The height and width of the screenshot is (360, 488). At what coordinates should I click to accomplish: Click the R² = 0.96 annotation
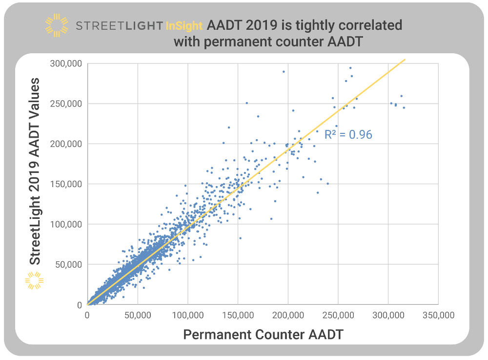(x=348, y=134)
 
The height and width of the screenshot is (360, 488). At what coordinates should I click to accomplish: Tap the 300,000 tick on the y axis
(x=66, y=64)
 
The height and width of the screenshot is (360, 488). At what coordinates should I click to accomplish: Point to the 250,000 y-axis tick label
(x=66, y=104)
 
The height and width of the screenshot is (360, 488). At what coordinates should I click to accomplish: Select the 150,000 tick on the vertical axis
(x=66, y=184)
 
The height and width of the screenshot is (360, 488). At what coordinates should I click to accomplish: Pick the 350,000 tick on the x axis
(x=438, y=316)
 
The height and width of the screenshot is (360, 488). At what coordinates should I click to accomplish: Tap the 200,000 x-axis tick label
(x=288, y=316)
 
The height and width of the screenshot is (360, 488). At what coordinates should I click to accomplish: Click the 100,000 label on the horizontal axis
(x=187, y=316)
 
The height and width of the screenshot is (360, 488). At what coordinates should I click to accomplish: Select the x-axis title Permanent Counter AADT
(x=263, y=335)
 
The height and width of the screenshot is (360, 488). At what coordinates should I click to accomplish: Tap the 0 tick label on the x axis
(x=87, y=316)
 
